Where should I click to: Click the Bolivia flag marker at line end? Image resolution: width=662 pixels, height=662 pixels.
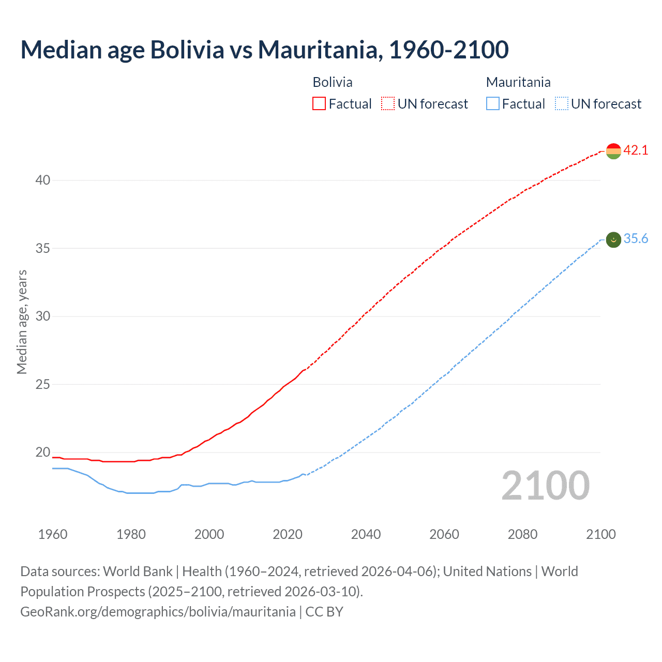(613, 151)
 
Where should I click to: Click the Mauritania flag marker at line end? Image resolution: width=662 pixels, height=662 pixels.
(613, 239)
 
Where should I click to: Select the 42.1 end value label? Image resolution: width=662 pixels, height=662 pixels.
(636, 151)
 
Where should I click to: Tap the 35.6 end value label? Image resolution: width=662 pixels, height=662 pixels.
(636, 239)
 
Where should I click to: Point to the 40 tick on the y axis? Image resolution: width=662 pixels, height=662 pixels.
(43, 180)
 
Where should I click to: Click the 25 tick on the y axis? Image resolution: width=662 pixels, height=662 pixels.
(43, 384)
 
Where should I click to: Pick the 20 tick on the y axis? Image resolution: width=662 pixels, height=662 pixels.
(43, 453)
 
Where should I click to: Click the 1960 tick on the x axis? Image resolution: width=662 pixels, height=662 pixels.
(53, 534)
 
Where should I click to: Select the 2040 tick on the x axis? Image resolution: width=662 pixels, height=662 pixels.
(366, 534)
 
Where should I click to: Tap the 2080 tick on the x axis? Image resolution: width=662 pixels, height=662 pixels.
(522, 534)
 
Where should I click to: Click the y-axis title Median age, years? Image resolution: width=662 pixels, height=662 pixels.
(22, 322)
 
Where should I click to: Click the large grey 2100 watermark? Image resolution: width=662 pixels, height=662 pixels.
(545, 486)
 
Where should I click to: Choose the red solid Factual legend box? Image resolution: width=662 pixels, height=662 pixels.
(319, 104)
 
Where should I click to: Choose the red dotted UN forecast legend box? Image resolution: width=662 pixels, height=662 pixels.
(388, 104)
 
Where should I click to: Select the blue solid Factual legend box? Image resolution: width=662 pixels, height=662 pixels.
(492, 104)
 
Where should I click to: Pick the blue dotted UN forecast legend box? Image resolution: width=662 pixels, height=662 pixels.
(561, 104)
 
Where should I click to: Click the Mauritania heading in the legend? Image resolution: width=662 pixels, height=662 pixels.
(518, 82)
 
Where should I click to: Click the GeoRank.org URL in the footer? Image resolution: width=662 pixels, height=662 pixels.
(158, 612)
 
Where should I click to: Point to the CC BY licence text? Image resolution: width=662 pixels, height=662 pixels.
(324, 612)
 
